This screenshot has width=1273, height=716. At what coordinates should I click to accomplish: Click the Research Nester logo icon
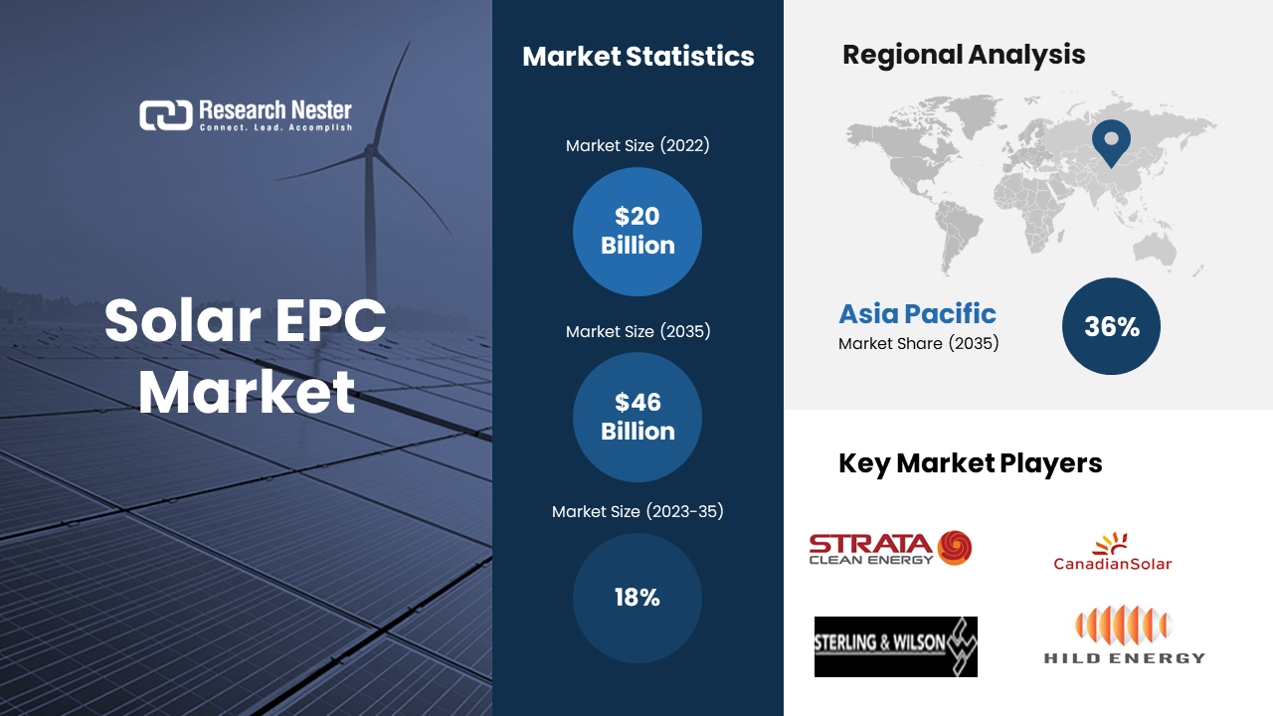click(166, 115)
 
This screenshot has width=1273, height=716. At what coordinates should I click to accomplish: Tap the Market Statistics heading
click(638, 57)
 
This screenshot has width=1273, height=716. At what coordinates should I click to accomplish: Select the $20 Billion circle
click(637, 232)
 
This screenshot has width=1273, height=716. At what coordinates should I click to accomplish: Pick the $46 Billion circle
click(637, 417)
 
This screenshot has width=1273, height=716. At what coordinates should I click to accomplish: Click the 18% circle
click(637, 598)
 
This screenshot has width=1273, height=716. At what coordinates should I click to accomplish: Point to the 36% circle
click(1111, 326)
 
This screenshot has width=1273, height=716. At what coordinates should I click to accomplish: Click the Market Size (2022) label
click(637, 145)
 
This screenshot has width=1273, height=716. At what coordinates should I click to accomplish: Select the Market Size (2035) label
click(637, 331)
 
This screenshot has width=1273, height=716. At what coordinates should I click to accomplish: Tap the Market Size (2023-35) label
click(637, 511)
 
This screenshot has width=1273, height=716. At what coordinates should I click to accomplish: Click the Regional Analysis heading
click(964, 55)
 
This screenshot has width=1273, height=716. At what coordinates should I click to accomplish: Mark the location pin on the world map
click(1111, 143)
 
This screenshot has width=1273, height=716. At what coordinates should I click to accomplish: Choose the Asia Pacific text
click(917, 313)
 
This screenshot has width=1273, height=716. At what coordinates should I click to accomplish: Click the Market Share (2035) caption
click(918, 343)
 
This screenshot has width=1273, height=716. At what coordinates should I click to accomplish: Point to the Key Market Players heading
click(970, 463)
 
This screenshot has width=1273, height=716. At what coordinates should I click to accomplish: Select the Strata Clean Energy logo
click(890, 548)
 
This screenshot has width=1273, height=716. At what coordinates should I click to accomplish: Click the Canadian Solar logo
click(1112, 551)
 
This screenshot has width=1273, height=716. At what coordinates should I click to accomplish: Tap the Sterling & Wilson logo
click(896, 646)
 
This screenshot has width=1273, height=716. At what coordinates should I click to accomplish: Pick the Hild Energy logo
click(1124, 634)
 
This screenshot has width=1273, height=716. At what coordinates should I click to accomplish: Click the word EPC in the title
click(331, 320)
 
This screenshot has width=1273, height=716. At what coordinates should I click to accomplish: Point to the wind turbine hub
click(370, 151)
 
